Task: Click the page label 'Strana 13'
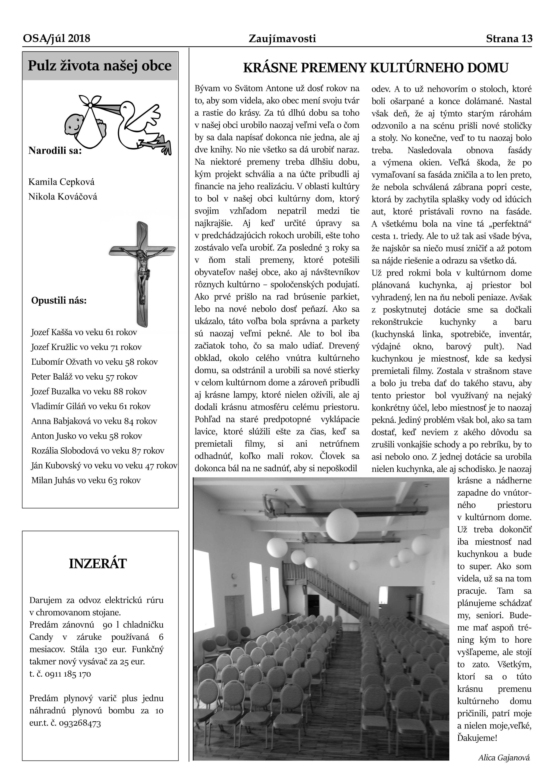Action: (x=509, y=39)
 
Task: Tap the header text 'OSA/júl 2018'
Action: (x=57, y=39)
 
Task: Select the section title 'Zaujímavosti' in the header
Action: (x=282, y=39)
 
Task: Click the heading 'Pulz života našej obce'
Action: (x=100, y=66)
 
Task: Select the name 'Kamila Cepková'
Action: (x=61, y=182)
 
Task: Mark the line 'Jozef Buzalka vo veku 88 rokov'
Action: (x=89, y=391)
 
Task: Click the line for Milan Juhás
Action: (x=86, y=480)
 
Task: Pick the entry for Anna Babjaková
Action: (x=94, y=421)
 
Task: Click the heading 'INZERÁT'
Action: (x=98, y=564)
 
